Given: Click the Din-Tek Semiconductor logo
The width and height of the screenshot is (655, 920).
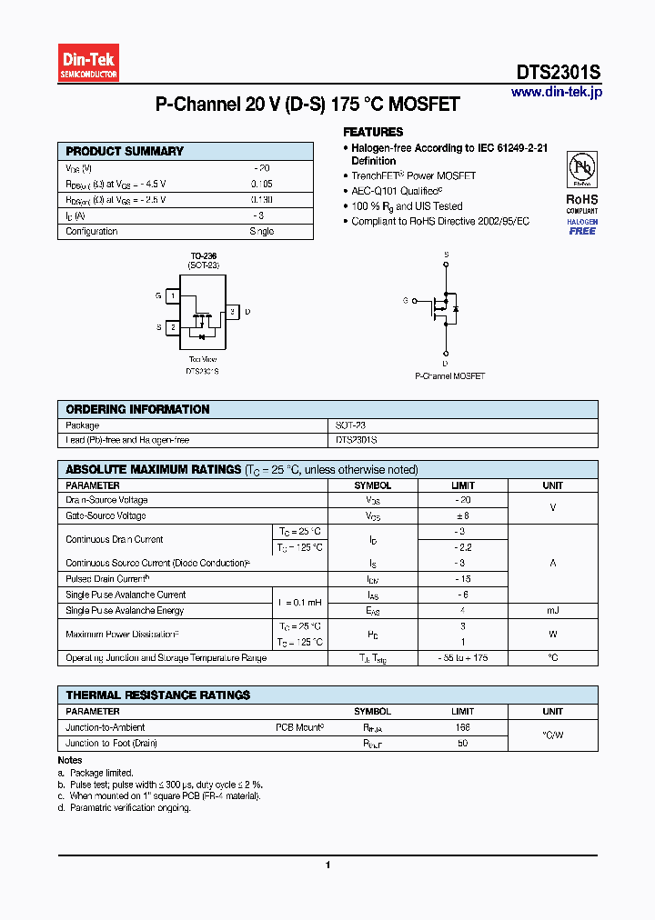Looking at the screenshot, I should coord(88,63).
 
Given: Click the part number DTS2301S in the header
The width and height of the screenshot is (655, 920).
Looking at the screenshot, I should coord(558,74).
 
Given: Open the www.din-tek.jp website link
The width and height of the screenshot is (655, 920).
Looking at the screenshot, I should coord(556,92).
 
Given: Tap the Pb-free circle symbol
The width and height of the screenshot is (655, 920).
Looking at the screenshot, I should coord(581,169).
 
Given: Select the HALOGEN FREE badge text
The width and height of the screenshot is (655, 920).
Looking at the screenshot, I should coord(582,226).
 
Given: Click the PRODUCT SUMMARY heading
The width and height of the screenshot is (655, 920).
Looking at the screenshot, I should coord(125,152).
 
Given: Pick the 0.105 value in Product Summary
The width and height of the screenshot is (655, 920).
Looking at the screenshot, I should coord(261,184).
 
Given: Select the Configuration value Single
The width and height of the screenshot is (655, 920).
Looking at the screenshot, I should coord(261,232).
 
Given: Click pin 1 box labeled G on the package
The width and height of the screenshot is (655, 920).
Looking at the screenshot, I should coord(172,295).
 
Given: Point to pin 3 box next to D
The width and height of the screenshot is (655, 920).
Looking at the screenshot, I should coord(232,312).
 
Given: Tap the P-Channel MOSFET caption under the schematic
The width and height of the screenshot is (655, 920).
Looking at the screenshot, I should coord(449,375).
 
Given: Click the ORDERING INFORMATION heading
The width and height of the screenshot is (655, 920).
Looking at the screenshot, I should coord(137,410).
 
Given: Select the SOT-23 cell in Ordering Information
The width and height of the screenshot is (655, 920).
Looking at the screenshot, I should coord(350,425).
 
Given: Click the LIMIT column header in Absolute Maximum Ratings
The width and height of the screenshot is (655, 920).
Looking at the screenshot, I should coord(463,485).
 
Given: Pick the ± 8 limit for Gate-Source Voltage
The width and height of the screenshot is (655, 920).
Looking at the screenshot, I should coord(463,515).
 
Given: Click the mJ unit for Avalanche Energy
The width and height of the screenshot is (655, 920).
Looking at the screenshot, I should coord(552,611).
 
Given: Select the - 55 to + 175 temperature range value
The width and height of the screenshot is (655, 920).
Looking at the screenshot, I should coord(463,657).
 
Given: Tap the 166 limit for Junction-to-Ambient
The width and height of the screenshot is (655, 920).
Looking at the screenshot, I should coord(463,727).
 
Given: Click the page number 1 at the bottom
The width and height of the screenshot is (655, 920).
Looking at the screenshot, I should coord(327,865).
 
